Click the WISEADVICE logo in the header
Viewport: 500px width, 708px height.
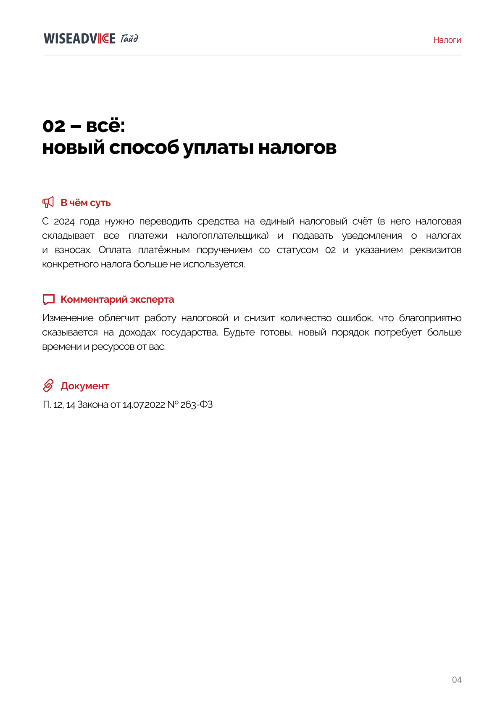[79, 39]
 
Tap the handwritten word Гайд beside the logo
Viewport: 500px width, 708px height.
[129, 39]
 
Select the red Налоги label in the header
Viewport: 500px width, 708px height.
[447, 40]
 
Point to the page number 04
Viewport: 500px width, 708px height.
[457, 680]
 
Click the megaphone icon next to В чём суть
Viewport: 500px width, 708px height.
[48, 202]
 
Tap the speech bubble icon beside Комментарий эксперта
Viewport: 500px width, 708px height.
[49, 299]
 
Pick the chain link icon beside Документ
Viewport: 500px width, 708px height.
[48, 386]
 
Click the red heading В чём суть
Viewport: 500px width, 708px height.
[86, 203]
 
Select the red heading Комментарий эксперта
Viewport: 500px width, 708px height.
[117, 299]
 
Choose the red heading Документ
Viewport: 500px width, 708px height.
[84, 386]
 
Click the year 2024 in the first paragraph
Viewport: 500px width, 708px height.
[64, 222]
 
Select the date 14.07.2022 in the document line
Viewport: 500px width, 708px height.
[144, 404]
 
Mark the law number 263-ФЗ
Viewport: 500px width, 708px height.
[196, 404]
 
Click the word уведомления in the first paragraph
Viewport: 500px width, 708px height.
[372, 236]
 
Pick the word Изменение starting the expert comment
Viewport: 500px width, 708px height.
[68, 318]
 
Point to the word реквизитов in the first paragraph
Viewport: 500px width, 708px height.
[435, 250]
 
